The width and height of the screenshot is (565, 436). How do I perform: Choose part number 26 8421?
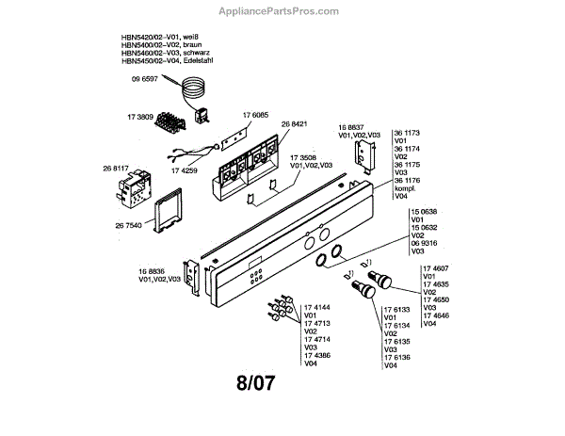(294, 123)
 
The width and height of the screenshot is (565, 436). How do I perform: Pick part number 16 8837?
(352, 126)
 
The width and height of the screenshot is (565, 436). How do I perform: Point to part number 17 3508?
(303, 156)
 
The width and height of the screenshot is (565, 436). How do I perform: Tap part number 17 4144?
(317, 308)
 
